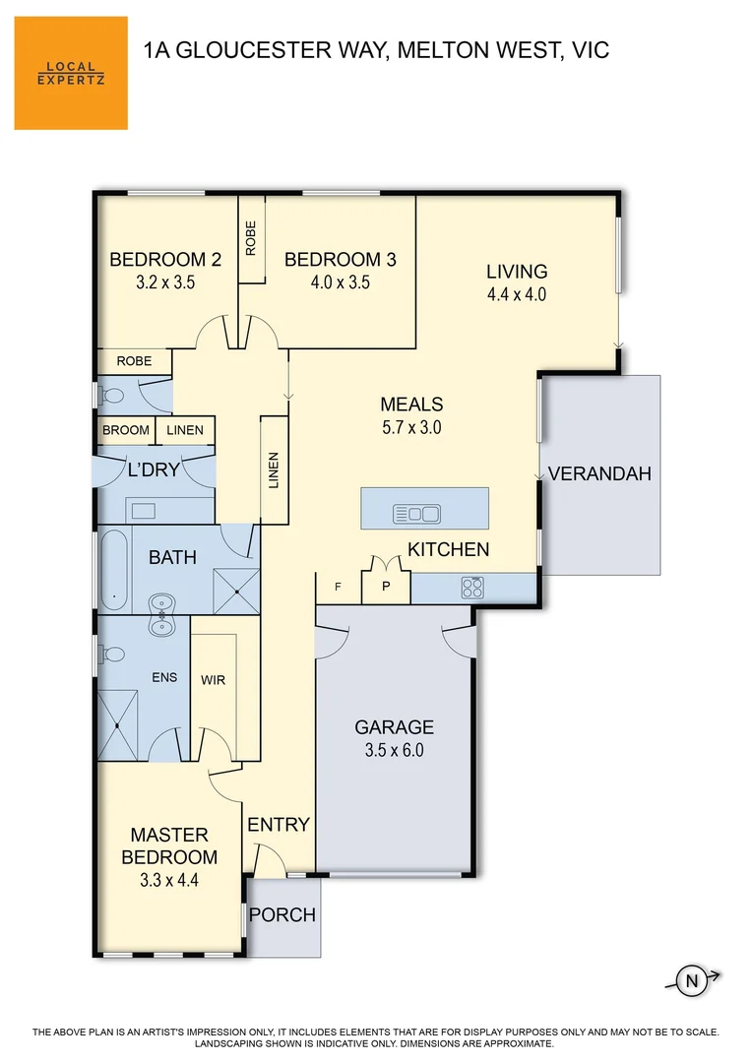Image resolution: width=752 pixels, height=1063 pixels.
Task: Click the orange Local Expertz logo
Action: [71, 73]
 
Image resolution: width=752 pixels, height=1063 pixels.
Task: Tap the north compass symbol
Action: [692, 979]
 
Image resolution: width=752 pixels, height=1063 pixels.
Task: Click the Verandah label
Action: [599, 473]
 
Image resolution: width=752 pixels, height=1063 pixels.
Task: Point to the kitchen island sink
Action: [416, 513]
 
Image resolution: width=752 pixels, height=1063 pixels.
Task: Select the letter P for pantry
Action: [386, 587]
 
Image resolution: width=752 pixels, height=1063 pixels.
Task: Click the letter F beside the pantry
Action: [338, 587]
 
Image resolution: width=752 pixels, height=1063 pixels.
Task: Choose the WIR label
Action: [214, 680]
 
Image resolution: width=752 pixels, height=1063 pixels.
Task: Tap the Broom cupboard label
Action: [126, 430]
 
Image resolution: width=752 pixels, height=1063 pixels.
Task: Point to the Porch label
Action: [282, 915]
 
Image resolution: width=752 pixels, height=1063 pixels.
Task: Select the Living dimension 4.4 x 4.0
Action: [516, 293]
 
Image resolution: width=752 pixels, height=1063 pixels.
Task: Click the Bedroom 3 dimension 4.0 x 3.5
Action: [340, 282]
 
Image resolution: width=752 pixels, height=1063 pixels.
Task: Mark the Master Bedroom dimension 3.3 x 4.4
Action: [169, 881]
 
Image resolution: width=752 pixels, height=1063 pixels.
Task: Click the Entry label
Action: [279, 825]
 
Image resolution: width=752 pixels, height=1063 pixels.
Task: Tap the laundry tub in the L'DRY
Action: [143, 510]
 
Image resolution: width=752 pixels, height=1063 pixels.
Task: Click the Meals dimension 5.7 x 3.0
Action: [411, 427]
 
